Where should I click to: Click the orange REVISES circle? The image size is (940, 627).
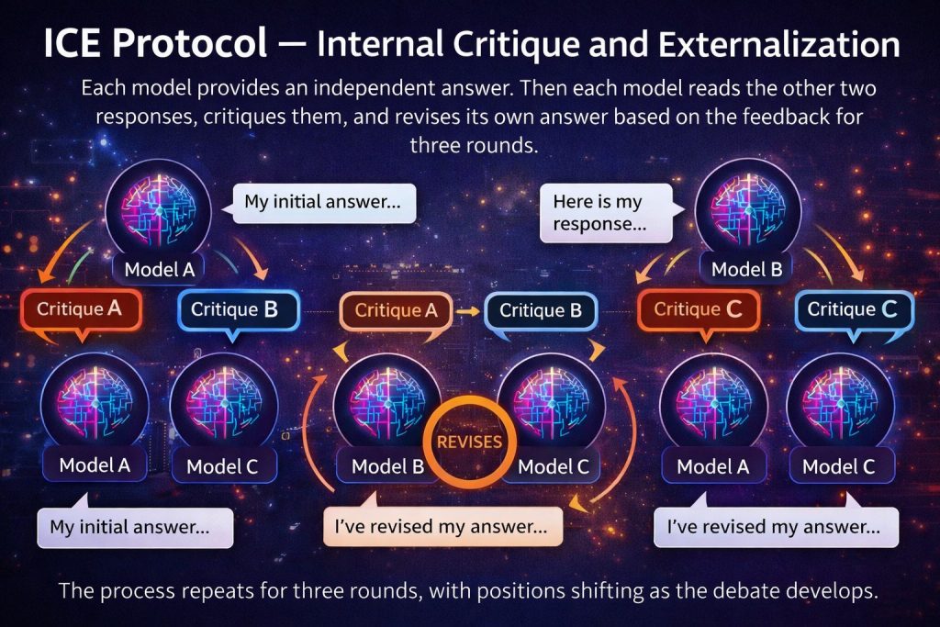pyautogui.click(x=469, y=442)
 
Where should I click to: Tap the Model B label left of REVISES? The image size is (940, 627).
pyautogui.click(x=388, y=466)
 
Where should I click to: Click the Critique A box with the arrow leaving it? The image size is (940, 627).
pyautogui.click(x=397, y=311)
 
